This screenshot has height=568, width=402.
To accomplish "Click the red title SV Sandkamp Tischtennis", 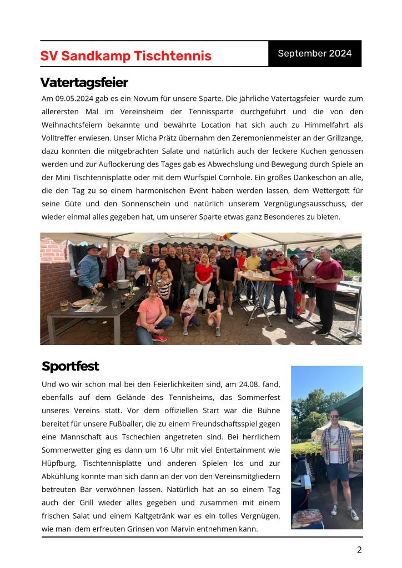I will coord(125,56).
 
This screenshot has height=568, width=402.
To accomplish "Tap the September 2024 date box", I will coord(314,54).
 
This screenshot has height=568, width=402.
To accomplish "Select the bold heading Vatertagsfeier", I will coord(84,83).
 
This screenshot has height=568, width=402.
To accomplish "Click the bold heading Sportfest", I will coord(70,367).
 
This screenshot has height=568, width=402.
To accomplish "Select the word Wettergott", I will coord(320,190).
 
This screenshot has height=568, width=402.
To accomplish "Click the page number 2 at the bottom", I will coord(359,550).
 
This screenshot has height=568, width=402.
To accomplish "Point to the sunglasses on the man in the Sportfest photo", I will coord(335,415).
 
